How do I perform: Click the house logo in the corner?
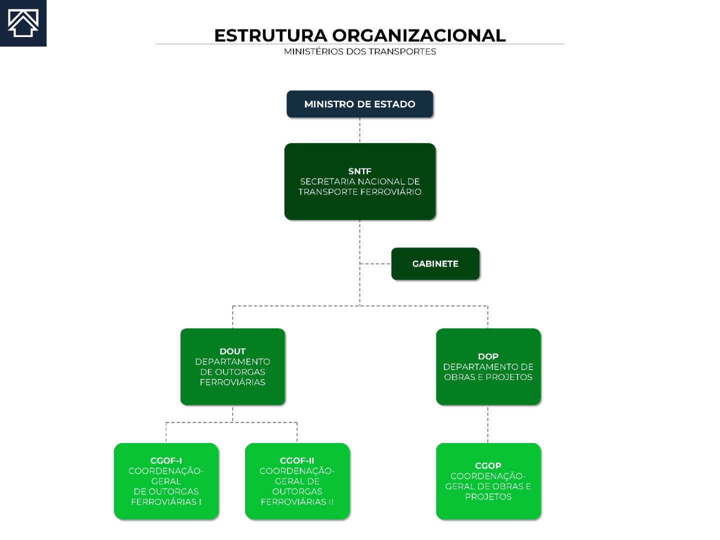click(x=23, y=23)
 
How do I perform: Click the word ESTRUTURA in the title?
click(x=270, y=35)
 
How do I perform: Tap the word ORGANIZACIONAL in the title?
click(x=419, y=35)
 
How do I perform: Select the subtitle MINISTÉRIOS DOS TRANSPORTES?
click(x=360, y=51)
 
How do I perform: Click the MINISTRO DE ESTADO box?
click(x=360, y=104)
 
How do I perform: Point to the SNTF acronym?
click(x=360, y=171)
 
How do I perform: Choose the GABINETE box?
click(x=435, y=263)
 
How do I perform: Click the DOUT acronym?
click(x=232, y=351)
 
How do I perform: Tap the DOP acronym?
click(x=488, y=356)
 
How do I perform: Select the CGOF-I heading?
click(x=166, y=460)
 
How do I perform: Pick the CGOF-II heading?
click(x=297, y=460)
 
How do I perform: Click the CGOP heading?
click(x=488, y=465)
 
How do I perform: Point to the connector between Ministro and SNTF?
click(x=360, y=130)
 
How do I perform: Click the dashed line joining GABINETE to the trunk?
click(x=375, y=263)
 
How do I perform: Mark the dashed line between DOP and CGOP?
click(x=488, y=424)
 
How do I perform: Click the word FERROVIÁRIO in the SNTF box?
click(x=390, y=192)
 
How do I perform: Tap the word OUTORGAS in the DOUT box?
click(x=240, y=372)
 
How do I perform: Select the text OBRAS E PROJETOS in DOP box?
click(x=488, y=377)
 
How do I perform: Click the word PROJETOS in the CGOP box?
click(x=488, y=496)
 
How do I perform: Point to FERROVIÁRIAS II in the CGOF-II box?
click(x=297, y=502)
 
